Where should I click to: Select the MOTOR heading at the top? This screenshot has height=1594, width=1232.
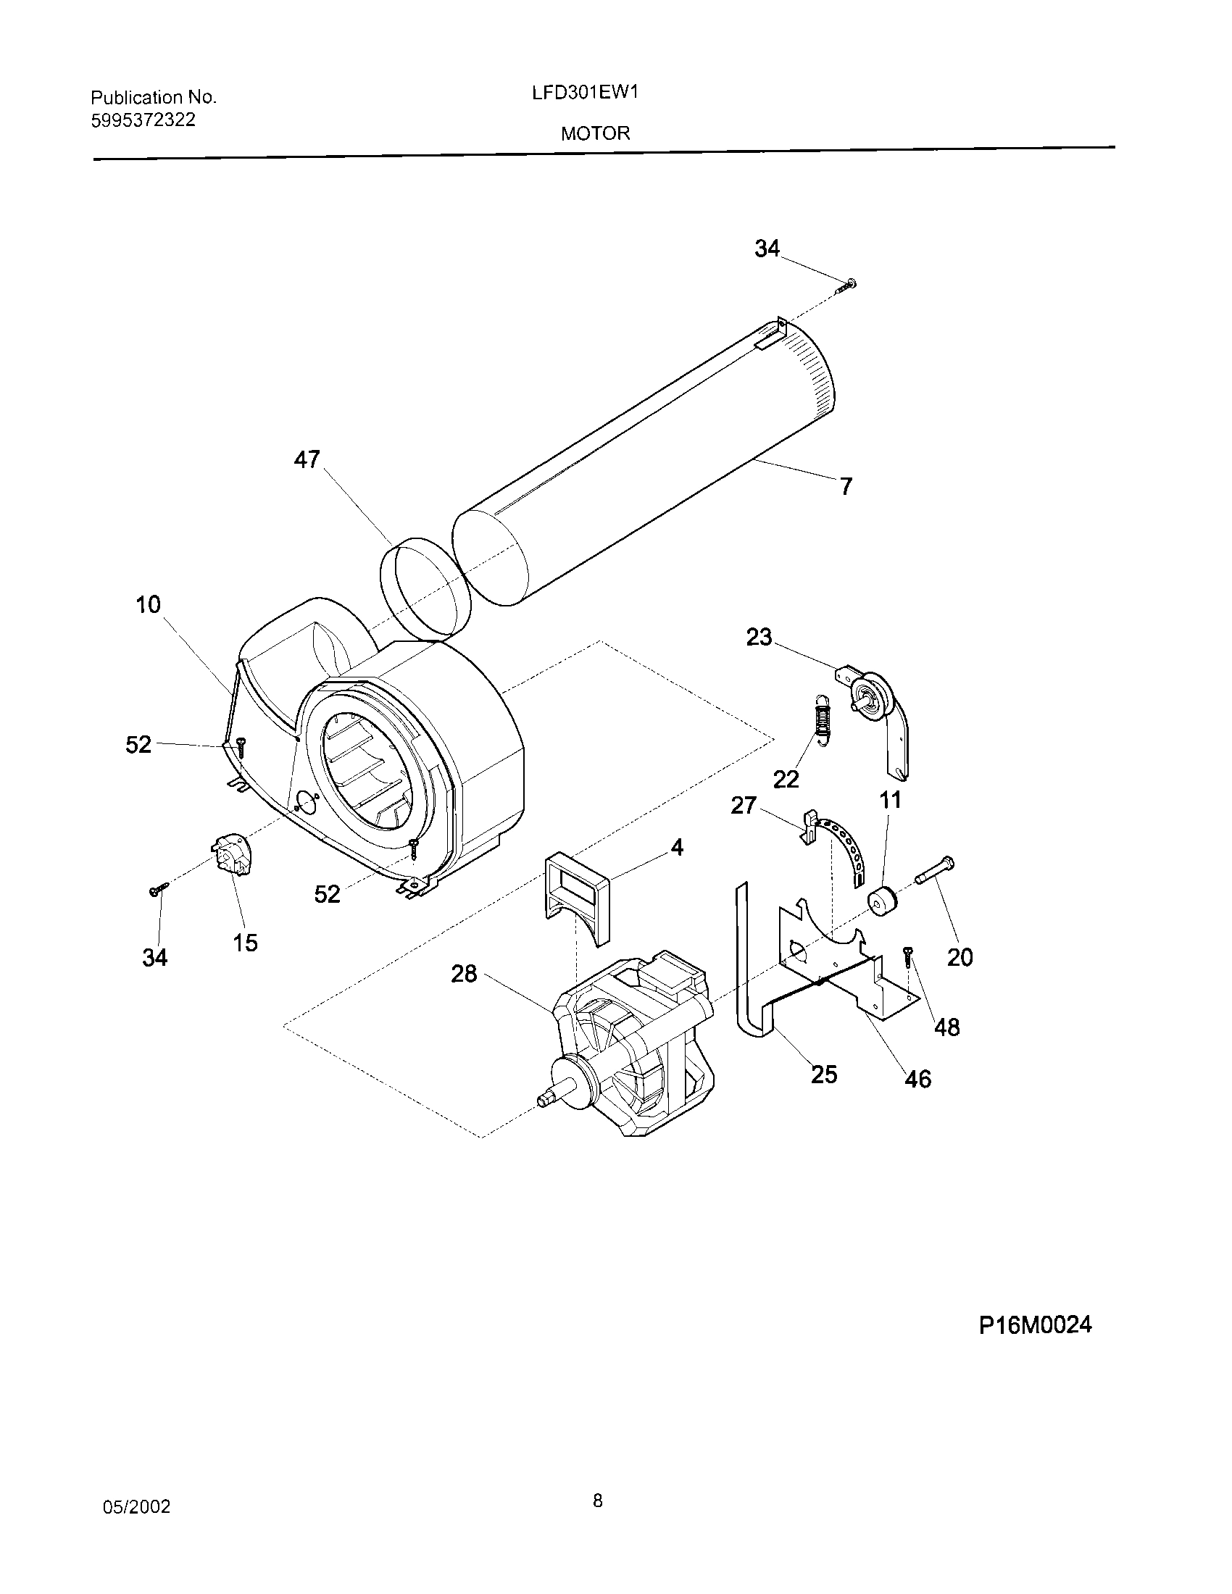coord(595,133)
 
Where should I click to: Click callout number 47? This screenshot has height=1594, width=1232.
coord(307,459)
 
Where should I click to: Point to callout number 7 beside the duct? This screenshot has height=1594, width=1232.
coord(846,486)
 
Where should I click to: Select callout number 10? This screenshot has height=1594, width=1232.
coord(148,605)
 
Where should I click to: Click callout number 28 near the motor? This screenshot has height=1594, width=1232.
coord(465,974)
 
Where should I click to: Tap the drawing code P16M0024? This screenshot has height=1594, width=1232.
coord(1035,1324)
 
